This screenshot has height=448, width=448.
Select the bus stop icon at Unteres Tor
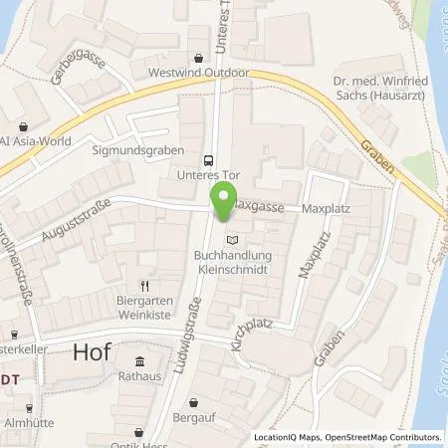(208, 159)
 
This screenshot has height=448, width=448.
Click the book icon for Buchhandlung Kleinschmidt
(233, 239)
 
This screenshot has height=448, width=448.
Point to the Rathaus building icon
(139, 361)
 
